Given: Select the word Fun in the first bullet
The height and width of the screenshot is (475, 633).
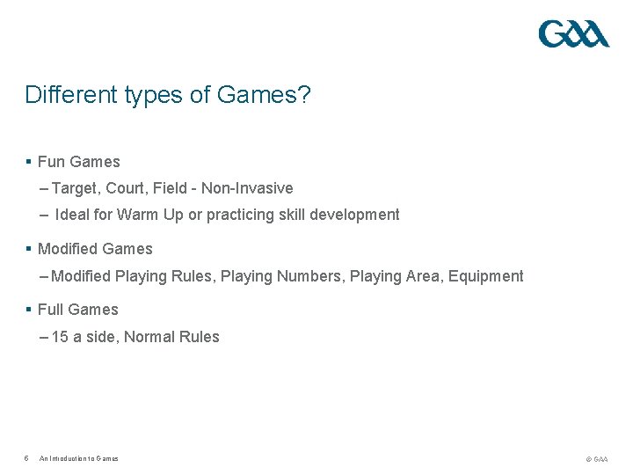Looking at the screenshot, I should point(51,162).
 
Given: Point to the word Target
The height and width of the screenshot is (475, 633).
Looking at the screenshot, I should point(75,188).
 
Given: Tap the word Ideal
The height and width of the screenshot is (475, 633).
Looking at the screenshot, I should point(72,215).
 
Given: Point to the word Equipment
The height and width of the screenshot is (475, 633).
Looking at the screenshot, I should point(485,276).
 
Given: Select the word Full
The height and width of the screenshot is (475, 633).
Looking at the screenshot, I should point(51,310).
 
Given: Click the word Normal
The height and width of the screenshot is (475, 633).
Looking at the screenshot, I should point(149,337).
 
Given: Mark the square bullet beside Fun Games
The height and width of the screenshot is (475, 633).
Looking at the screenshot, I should point(29,162).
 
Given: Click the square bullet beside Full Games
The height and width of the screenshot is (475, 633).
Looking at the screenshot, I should point(29,310).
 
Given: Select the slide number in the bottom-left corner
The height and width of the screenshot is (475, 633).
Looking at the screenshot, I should point(26,458).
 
